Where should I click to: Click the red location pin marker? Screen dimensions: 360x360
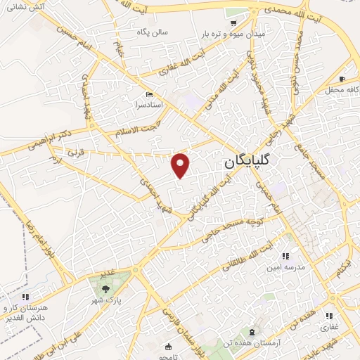[x=181, y=165]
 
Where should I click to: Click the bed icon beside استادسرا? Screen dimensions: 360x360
[x=148, y=95]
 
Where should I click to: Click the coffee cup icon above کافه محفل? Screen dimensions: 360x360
[x=342, y=79]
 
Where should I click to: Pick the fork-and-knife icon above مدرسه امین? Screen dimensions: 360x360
[x=285, y=257]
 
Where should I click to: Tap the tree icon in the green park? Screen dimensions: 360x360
[x=105, y=288]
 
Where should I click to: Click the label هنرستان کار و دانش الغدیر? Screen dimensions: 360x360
[x=26, y=314]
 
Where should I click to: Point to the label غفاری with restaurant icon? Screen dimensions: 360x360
[x=329, y=327]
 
